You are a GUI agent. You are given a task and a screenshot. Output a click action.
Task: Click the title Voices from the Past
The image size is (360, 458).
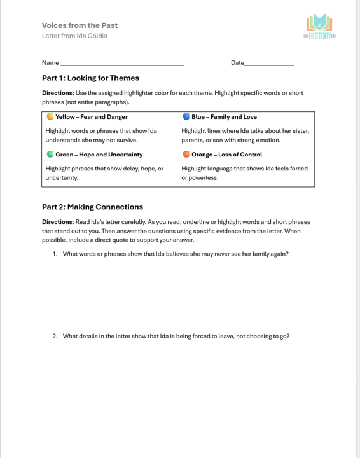(80, 25)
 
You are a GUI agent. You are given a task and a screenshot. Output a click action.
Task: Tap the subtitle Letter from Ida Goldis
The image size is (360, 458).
(74, 36)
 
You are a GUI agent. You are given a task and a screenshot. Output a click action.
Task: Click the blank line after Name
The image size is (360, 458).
(121, 64)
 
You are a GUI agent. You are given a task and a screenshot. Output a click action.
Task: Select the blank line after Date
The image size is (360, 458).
(269, 64)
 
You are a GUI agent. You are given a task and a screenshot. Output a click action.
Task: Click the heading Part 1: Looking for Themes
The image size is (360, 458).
(90, 78)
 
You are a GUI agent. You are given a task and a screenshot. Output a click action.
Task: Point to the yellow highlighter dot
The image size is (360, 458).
(50, 117)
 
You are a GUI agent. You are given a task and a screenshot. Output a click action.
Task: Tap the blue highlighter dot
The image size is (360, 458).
(186, 117)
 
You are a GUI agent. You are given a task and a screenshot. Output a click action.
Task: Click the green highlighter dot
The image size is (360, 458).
(50, 155)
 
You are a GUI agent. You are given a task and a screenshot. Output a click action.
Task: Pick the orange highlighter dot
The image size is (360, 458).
(186, 155)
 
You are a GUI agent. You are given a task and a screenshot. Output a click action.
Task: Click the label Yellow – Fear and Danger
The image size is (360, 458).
(91, 117)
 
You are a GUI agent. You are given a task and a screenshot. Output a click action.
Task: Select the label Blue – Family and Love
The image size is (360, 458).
(224, 117)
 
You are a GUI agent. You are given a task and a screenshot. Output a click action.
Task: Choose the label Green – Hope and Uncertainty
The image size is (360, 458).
(99, 155)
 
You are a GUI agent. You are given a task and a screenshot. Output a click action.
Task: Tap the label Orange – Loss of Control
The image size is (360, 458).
(226, 155)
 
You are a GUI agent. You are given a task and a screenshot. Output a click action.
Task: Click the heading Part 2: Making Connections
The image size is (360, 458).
(92, 207)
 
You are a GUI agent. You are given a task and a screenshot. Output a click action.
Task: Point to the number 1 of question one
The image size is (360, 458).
(55, 254)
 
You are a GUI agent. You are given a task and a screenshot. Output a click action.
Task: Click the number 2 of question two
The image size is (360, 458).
(55, 336)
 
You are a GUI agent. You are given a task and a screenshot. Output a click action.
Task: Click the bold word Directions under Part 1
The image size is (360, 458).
(57, 93)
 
